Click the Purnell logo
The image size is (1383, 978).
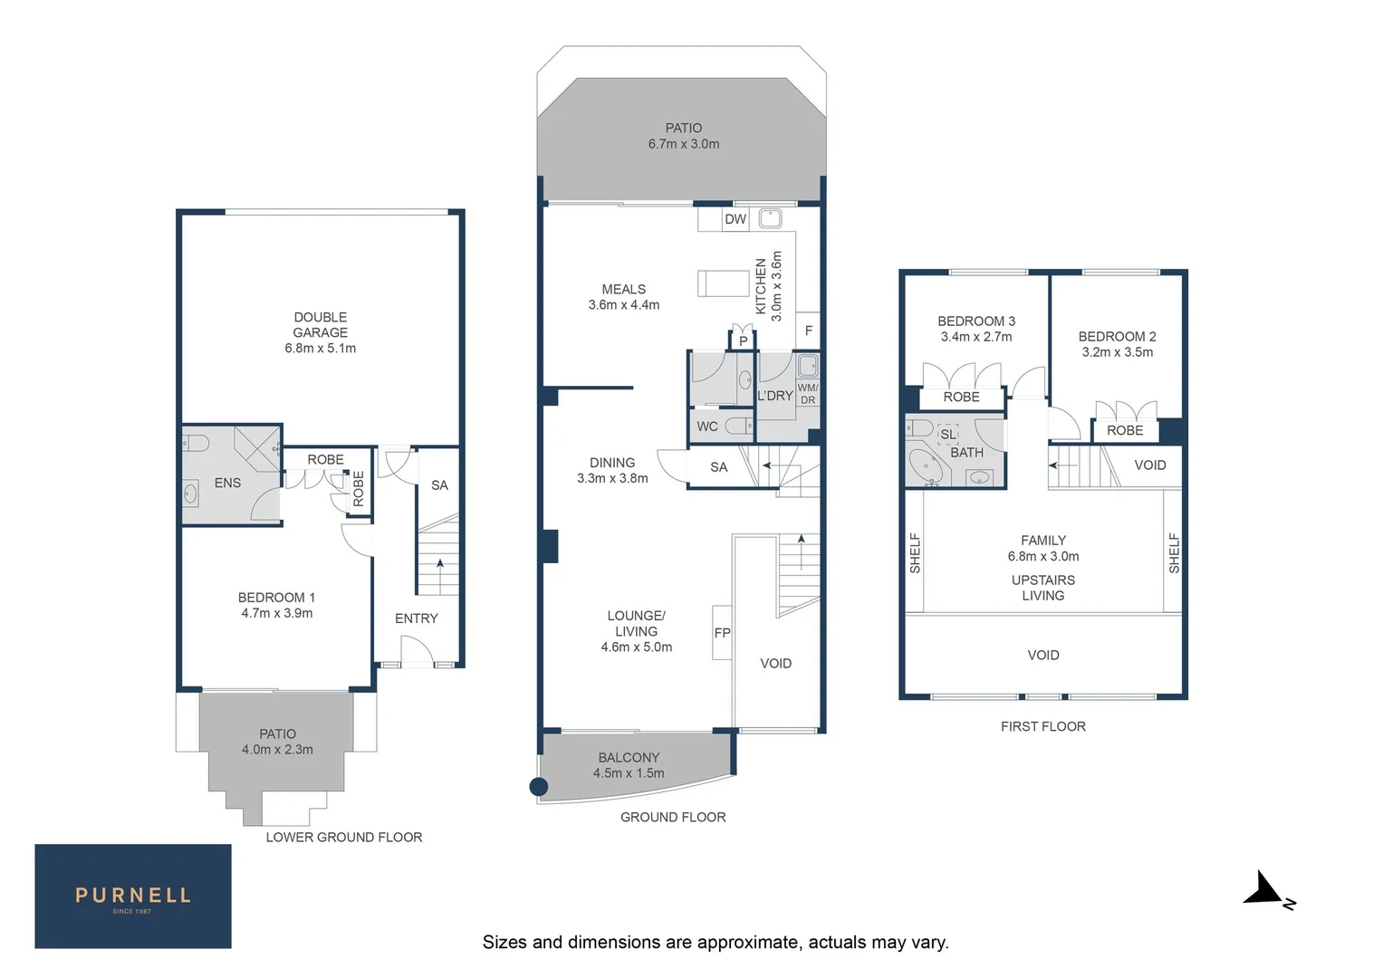(133, 896)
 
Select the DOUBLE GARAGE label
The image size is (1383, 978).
(320, 325)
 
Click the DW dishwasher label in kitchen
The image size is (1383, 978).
(735, 219)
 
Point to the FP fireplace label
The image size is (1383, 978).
(722, 633)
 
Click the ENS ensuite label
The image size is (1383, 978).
(227, 484)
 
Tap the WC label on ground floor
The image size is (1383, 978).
(707, 427)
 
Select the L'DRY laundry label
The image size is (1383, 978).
(775, 396)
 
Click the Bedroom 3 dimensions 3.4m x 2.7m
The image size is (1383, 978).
(976, 337)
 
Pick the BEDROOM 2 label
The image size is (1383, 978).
(1117, 336)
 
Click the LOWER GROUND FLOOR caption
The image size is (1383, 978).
(344, 838)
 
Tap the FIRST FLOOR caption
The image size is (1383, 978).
(1042, 726)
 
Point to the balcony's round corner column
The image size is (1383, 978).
(538, 787)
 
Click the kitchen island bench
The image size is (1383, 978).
(723, 283)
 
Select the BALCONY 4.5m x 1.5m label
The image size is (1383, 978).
(629, 765)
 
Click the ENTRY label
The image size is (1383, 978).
(417, 618)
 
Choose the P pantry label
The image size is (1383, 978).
(744, 341)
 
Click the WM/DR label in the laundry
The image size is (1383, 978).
(808, 394)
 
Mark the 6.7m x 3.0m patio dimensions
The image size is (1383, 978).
(684, 144)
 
